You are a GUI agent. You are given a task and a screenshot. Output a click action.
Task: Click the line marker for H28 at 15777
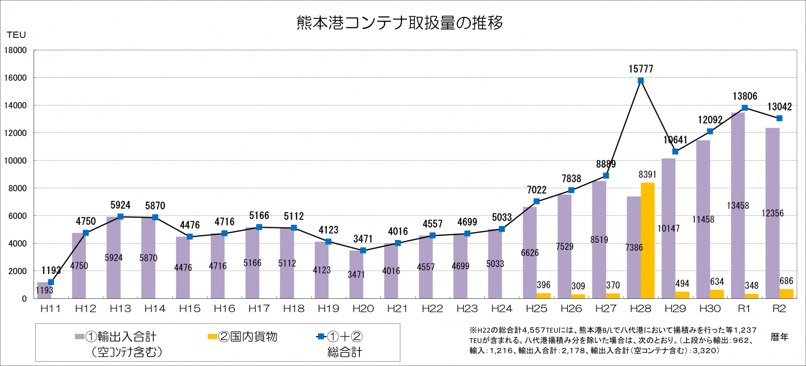click(641, 80)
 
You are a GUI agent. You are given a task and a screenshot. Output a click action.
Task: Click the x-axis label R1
click(744, 308)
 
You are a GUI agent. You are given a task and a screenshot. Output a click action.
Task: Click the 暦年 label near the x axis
click(780, 337)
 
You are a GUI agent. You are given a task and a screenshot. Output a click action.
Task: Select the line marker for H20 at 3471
click(363, 250)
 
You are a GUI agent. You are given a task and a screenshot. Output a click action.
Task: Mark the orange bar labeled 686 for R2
click(786, 294)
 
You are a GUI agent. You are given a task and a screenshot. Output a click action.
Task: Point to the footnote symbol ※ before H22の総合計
click(472, 330)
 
